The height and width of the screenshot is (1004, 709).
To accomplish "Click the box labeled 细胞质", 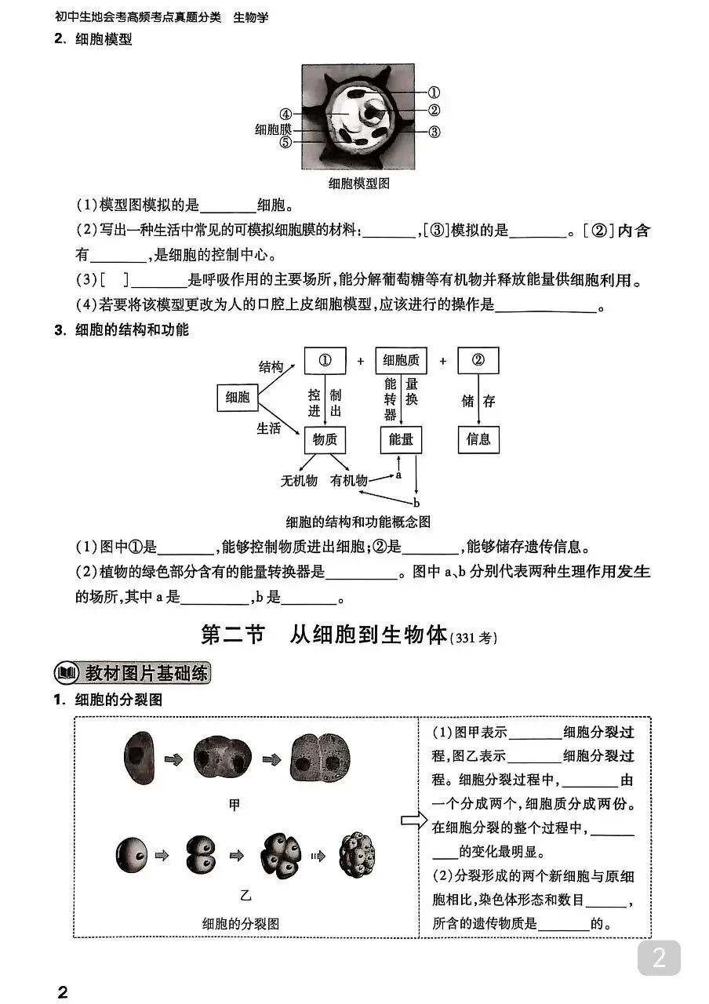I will [x=401, y=361].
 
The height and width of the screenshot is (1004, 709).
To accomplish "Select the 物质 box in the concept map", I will [x=325, y=440].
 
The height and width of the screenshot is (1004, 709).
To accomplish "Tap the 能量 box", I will [x=401, y=440].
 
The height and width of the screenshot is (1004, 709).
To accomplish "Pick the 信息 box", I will [x=478, y=440].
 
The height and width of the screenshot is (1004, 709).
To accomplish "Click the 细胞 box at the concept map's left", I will [x=237, y=398].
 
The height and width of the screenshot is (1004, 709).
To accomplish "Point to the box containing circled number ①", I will [x=325, y=361].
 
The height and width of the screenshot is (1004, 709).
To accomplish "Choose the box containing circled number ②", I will [x=478, y=361].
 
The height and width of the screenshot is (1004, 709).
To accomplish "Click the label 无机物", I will [x=299, y=481].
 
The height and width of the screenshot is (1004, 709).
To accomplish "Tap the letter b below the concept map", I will [x=416, y=502].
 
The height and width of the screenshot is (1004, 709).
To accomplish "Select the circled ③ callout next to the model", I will [x=434, y=132].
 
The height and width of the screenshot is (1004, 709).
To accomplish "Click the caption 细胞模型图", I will [x=358, y=184].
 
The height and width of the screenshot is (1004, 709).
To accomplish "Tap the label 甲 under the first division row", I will [x=234, y=804].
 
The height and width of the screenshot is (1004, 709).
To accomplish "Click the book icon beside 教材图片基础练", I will [x=66, y=674].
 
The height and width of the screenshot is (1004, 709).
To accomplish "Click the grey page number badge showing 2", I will [x=659, y=959].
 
